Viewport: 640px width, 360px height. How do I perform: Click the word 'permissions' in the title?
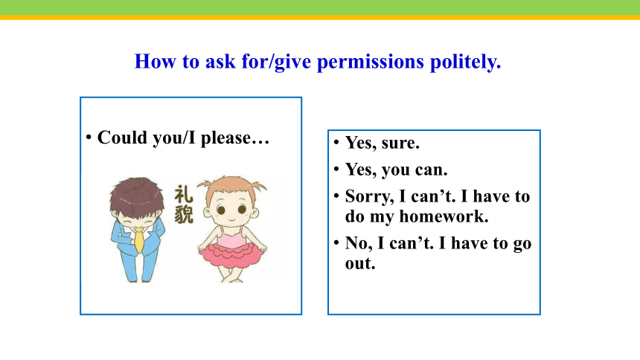pyautogui.click(x=371, y=62)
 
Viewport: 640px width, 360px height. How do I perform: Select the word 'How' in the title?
pyautogui.click(x=156, y=62)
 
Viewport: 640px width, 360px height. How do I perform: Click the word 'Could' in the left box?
pyautogui.click(x=123, y=138)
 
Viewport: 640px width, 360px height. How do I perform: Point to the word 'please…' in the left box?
pyautogui.click(x=234, y=138)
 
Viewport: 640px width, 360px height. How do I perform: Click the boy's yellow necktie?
pyautogui.click(x=139, y=240)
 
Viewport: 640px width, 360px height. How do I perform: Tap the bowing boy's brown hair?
pyautogui.click(x=137, y=194)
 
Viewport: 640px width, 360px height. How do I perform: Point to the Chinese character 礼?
pyautogui.click(x=184, y=194)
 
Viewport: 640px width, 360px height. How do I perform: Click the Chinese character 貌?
pyautogui.click(x=184, y=214)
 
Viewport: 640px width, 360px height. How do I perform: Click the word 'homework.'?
pyautogui.click(x=444, y=216)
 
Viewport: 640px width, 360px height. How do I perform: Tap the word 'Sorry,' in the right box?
pyautogui.click(x=369, y=196)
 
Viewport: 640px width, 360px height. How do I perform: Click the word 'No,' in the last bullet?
pyautogui.click(x=359, y=244)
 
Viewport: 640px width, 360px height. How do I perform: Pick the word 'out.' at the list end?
pyautogui.click(x=360, y=263)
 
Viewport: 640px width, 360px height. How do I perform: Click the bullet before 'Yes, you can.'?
pyautogui.click(x=336, y=169)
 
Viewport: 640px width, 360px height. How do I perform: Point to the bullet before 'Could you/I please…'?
pyautogui.click(x=89, y=137)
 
